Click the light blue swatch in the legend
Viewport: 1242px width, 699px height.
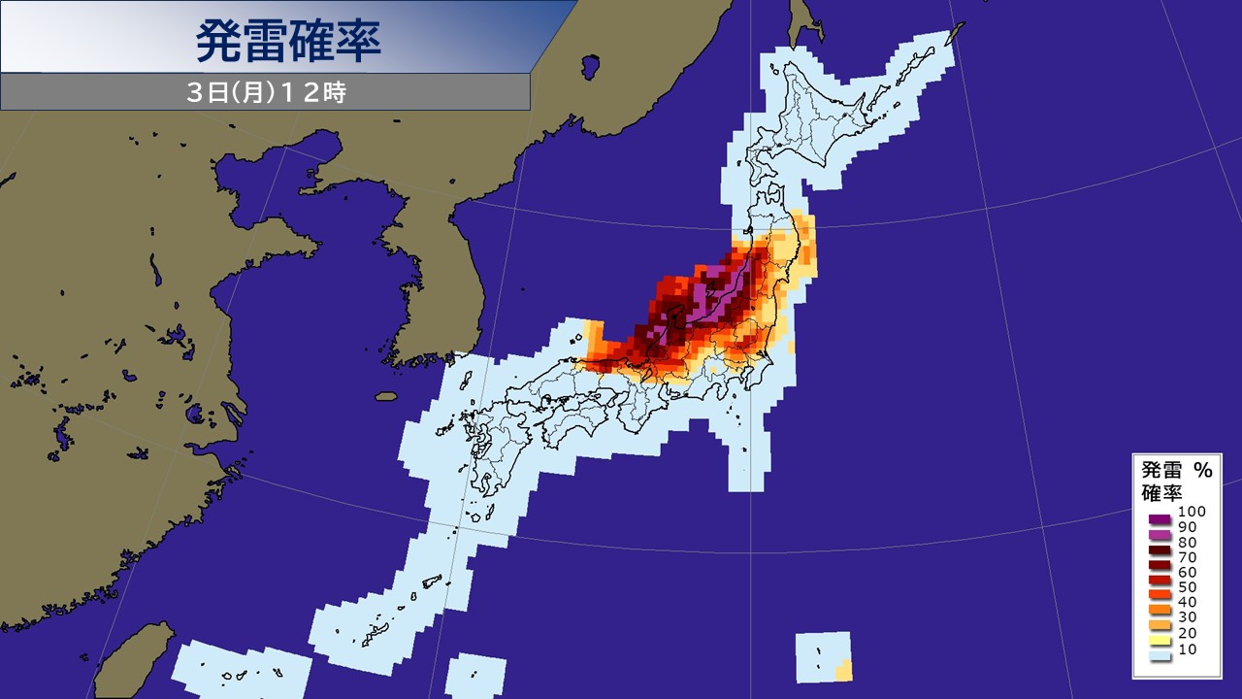tap(1157, 655)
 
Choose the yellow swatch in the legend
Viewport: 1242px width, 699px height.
tap(1157, 641)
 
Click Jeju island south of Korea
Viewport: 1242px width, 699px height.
tap(386, 396)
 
